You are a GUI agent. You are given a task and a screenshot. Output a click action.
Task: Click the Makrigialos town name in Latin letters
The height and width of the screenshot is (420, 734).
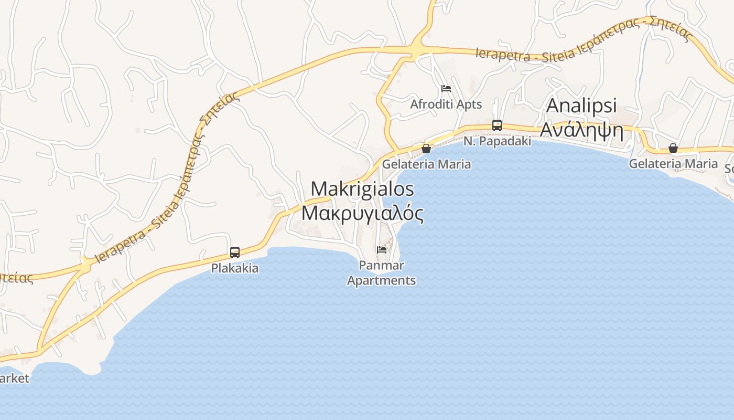point(362,189)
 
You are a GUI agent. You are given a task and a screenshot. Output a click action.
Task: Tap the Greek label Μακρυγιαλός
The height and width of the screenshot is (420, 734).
point(362,213)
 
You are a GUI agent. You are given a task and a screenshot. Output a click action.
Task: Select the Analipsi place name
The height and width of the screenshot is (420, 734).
point(581,105)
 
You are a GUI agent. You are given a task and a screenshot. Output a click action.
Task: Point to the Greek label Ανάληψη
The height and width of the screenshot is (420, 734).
point(581,129)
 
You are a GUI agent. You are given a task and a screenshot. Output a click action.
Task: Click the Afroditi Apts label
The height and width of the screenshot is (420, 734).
point(446,104)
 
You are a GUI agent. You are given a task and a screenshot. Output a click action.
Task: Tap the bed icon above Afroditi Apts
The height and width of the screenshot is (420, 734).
point(446,89)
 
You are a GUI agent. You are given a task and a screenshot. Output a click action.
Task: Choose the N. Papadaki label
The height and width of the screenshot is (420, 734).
point(497,141)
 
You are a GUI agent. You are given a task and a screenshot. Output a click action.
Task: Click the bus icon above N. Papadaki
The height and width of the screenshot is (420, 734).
point(497,125)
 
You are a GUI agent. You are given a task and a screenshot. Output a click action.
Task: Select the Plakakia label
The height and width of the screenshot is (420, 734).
point(235,268)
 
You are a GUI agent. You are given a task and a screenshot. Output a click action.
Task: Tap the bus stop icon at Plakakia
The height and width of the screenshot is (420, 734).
point(235,253)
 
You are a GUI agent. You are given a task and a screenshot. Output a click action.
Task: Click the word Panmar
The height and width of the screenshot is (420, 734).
point(382,266)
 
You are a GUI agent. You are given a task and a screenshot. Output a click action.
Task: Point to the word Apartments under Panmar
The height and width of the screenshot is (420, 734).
point(382,280)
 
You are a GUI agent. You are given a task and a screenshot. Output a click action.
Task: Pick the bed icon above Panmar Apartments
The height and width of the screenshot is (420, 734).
point(382,249)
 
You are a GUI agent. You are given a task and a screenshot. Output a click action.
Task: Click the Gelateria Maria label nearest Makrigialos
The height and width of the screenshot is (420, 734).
point(426,164)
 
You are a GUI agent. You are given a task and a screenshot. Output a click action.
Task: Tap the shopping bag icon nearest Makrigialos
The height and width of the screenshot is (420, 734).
point(426,149)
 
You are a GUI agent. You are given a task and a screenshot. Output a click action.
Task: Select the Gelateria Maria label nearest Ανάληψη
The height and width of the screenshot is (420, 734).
point(673,164)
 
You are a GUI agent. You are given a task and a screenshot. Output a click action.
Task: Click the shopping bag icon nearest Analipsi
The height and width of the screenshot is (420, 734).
point(673,148)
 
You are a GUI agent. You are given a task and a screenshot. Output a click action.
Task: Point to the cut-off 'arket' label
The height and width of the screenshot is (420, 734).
point(14,379)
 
